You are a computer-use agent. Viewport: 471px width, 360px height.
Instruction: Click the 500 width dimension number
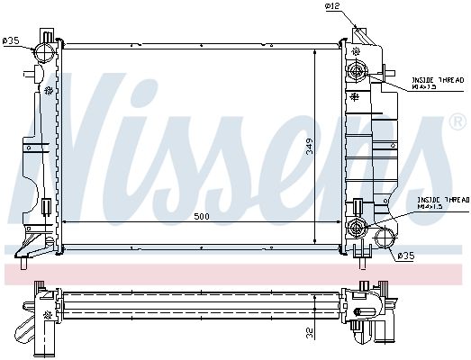(x=201, y=217)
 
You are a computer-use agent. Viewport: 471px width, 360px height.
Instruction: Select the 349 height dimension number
(x=310, y=146)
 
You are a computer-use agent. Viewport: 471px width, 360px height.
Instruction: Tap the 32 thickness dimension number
(x=310, y=333)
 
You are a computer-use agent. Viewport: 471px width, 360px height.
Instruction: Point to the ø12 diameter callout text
(x=333, y=5)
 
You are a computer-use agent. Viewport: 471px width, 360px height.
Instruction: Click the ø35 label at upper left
(x=11, y=40)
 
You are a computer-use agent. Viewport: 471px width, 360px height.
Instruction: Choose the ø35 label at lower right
(x=406, y=256)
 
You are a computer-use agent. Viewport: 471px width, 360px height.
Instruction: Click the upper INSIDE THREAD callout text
(x=438, y=83)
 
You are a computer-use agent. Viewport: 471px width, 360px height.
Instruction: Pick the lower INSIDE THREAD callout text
(x=443, y=203)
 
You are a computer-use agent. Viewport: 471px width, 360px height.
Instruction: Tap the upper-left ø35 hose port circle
(x=45, y=51)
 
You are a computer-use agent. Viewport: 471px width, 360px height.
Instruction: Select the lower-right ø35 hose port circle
(x=385, y=238)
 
